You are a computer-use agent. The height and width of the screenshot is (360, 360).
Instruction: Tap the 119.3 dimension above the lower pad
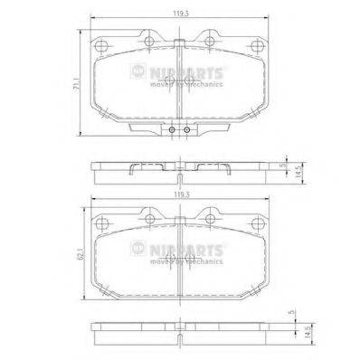point(181,194)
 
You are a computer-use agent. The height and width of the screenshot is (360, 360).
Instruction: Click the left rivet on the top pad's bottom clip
point(173,129)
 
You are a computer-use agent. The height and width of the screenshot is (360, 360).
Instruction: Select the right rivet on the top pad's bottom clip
point(187,129)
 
